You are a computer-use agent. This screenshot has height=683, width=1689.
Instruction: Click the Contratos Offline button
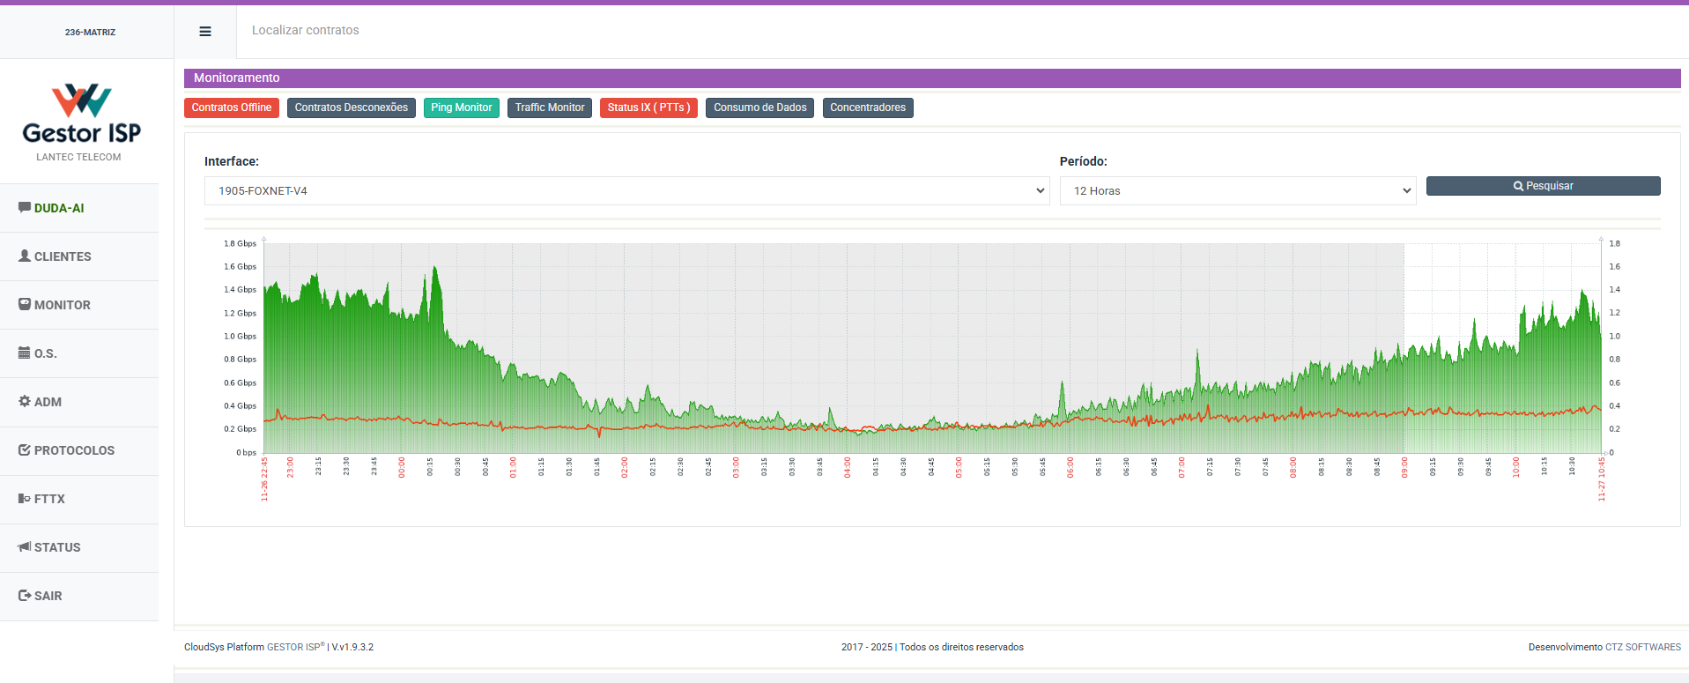click(232, 108)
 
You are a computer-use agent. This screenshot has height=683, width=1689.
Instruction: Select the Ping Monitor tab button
click(461, 108)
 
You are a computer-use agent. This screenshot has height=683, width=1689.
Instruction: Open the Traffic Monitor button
click(549, 108)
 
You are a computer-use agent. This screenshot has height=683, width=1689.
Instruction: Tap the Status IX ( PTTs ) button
click(648, 108)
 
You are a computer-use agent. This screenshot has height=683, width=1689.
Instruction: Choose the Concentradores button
click(867, 108)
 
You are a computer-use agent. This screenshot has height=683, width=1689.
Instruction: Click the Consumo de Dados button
click(759, 108)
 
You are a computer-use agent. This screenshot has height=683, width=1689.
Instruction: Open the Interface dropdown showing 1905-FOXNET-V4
click(626, 190)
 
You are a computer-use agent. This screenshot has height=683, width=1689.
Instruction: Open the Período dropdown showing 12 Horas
click(1237, 190)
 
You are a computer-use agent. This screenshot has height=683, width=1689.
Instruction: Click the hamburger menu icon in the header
click(205, 32)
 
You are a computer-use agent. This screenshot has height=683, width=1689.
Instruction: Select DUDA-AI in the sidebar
click(58, 208)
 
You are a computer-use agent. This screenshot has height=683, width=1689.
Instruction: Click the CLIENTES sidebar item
click(62, 256)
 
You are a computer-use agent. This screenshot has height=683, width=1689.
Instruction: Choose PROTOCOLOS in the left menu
click(73, 450)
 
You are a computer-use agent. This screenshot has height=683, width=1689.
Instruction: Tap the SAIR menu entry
click(48, 596)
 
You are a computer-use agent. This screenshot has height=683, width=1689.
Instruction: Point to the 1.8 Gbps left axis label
click(240, 243)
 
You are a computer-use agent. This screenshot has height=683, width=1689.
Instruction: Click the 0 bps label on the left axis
click(246, 452)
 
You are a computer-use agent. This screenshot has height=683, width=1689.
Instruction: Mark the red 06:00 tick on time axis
click(1070, 467)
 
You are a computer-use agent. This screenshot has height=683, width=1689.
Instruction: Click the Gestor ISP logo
click(81, 115)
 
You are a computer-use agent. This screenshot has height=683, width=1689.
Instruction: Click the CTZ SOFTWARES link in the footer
click(1642, 647)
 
